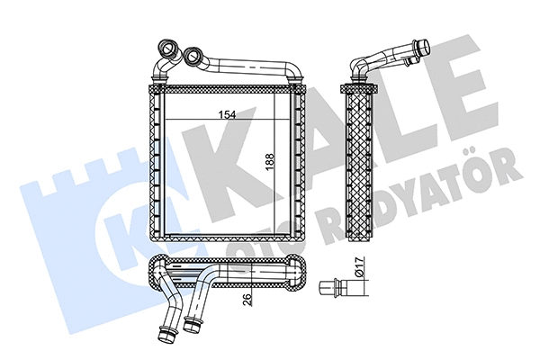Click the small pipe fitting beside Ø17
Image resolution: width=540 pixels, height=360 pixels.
tap(331, 289)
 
